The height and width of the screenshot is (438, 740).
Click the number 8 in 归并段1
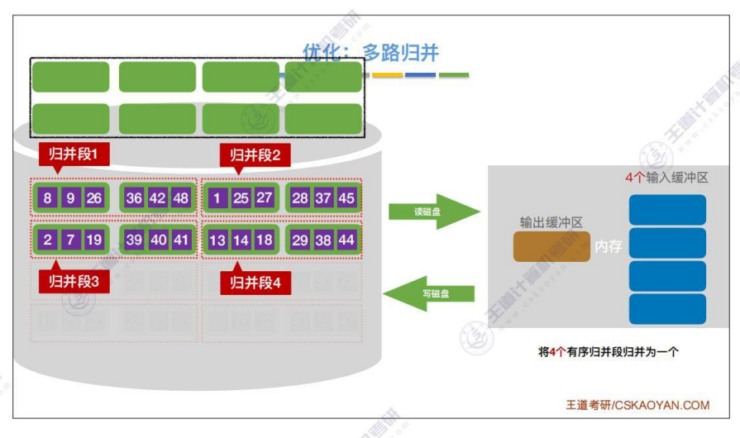(x=48, y=198)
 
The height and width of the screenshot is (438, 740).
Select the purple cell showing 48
(x=181, y=198)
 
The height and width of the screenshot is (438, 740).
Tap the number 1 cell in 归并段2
(x=217, y=198)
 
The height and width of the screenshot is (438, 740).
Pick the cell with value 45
(x=346, y=198)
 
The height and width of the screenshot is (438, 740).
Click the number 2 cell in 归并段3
(x=48, y=240)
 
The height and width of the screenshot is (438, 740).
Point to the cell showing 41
(x=181, y=240)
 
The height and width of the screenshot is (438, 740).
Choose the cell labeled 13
(x=217, y=240)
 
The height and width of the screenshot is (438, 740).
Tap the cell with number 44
(x=346, y=240)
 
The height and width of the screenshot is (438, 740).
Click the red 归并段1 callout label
(x=74, y=154)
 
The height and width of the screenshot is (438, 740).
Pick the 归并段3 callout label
(x=74, y=282)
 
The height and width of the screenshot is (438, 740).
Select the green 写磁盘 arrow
(x=430, y=293)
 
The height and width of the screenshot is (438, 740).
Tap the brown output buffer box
(x=551, y=246)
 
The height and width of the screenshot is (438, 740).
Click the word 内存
(x=608, y=246)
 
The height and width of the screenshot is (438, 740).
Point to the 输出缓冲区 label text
(x=551, y=222)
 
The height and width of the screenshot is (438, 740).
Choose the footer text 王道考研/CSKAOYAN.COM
(x=637, y=405)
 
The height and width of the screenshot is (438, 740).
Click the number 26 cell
(x=93, y=198)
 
